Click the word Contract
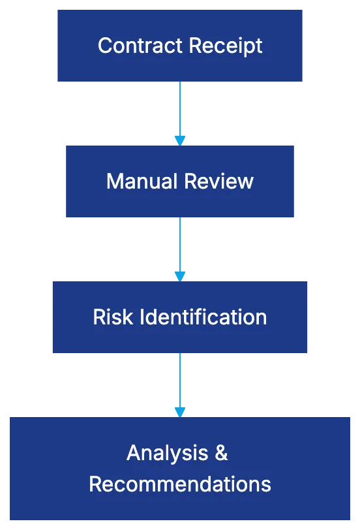click(139, 46)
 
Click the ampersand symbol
click(222, 452)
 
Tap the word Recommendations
click(180, 484)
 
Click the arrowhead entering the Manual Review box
click(180, 140)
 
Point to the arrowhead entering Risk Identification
click(180, 275)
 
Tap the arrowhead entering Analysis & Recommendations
click(180, 411)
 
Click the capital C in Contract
click(104, 46)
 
